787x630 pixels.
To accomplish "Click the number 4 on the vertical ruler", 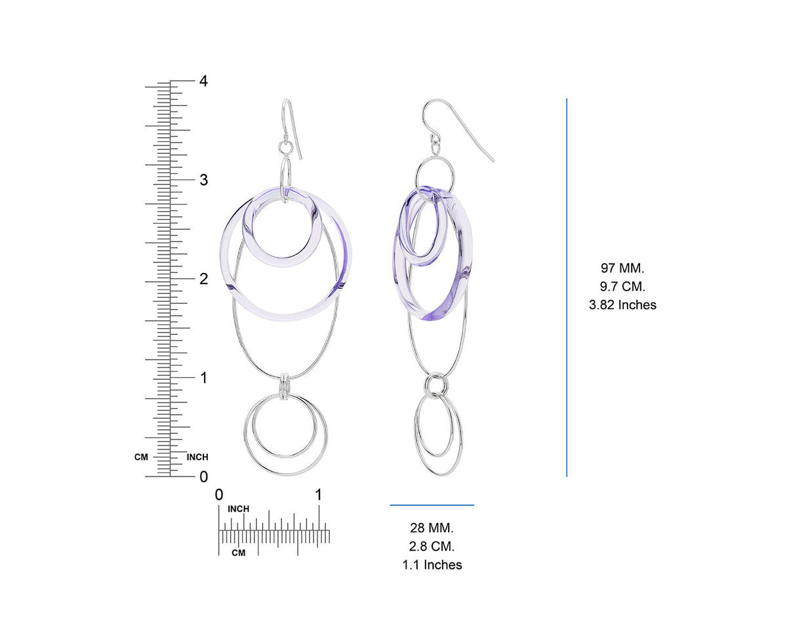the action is tap(203, 81).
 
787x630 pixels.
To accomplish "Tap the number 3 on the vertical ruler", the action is tap(204, 180).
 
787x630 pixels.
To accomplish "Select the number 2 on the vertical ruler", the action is tap(204, 279).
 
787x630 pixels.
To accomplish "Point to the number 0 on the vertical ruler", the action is tap(204, 476).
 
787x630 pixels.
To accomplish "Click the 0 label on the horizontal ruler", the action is tap(219, 495).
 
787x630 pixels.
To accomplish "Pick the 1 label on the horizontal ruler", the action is tap(319, 495).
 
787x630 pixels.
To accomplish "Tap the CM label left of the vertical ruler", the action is tap(141, 457).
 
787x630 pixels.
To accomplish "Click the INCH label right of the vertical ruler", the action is tap(197, 457).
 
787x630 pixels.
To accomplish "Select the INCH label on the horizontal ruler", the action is tap(239, 509).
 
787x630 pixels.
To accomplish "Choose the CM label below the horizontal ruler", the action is tap(239, 553).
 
